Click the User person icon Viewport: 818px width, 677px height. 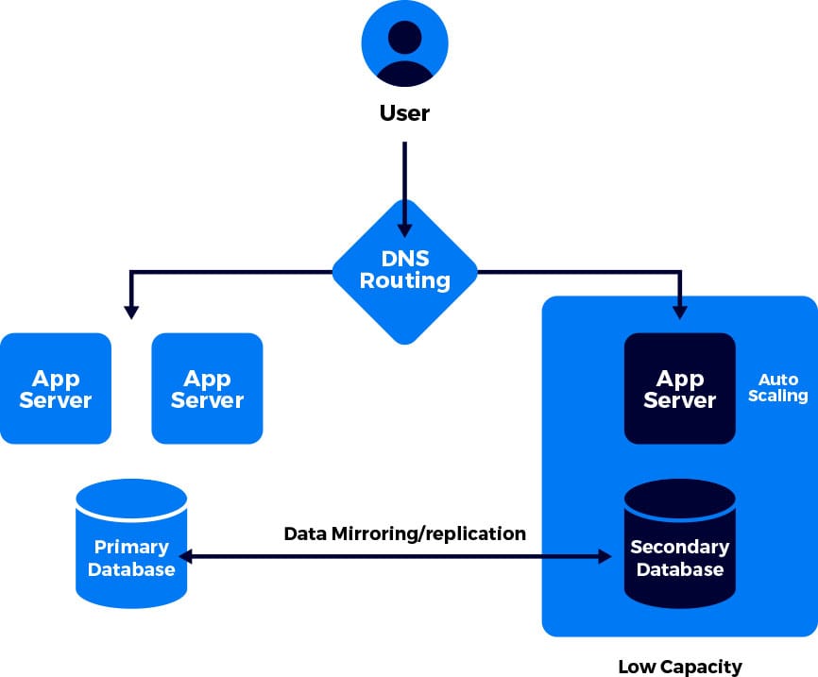pos(404,44)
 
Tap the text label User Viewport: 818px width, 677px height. pos(404,113)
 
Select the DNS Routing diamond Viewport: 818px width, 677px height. pos(404,270)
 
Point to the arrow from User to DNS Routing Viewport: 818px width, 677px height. pos(404,189)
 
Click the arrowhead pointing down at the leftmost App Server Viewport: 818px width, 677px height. pos(131,309)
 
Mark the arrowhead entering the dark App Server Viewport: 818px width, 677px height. pos(679,309)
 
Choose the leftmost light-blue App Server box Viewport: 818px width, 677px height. pos(56,388)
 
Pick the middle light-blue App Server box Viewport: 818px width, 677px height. pos(207,388)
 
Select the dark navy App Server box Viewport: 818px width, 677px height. pos(679,388)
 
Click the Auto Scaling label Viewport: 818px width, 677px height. pos(778,387)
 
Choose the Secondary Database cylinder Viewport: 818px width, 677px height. pos(679,548)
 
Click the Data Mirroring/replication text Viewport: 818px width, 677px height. pos(404,533)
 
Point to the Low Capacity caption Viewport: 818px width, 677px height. pos(679,666)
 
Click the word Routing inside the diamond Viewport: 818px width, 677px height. pos(404,280)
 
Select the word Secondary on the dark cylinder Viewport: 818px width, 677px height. pos(679,547)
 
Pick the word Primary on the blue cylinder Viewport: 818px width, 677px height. pos(131,547)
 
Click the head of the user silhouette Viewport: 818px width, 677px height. pos(404,38)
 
